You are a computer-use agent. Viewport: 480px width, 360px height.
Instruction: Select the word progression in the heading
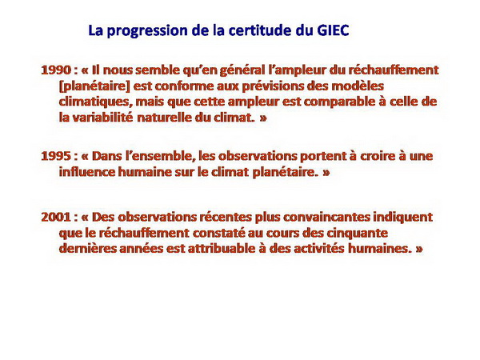click(147, 31)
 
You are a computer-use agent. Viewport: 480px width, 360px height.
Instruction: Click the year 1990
click(56, 70)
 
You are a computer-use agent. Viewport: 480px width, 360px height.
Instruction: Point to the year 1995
click(56, 156)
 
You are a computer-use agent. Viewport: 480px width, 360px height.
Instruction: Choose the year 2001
click(56, 217)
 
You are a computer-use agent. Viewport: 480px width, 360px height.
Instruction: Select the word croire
click(378, 156)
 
